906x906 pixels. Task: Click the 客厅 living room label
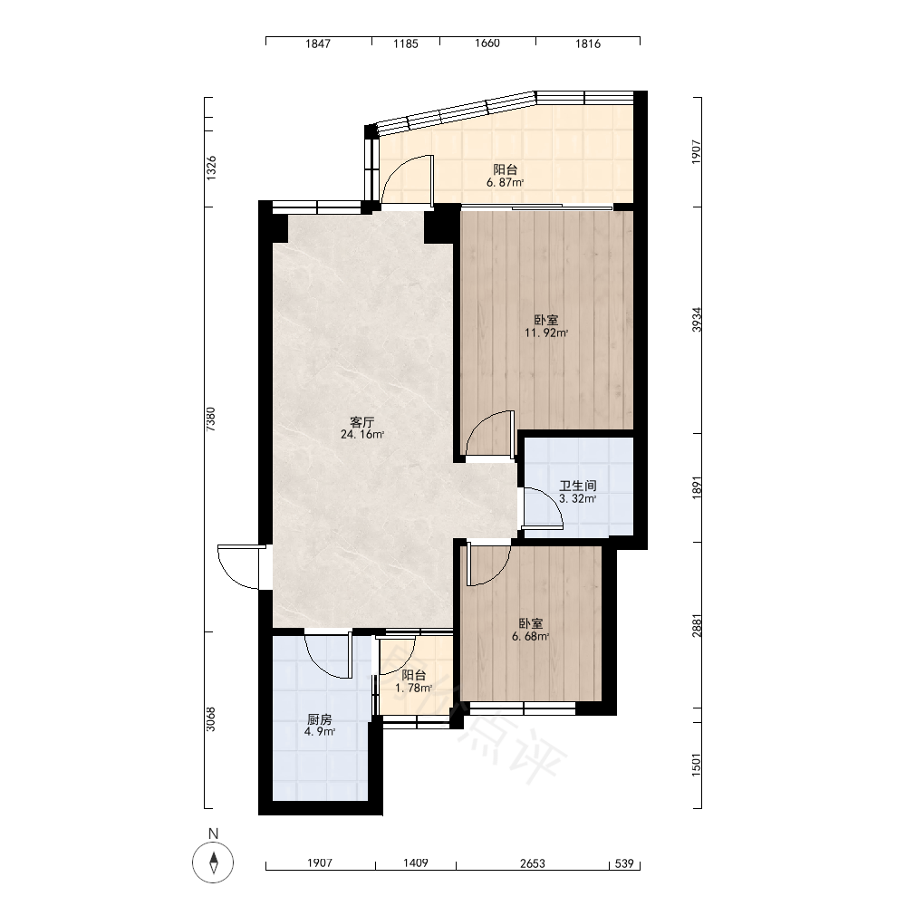click(362, 422)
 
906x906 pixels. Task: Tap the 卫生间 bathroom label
click(578, 486)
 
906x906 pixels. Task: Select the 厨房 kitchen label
click(320, 719)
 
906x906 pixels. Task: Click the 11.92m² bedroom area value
click(546, 333)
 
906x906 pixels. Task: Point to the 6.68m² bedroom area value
click(530, 637)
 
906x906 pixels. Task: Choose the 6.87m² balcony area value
click(505, 183)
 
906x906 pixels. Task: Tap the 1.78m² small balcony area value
click(414, 688)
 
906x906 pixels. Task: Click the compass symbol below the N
click(213, 863)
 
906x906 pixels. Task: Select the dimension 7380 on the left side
click(211, 419)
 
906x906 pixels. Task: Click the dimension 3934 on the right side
click(697, 320)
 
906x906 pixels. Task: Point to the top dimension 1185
click(406, 43)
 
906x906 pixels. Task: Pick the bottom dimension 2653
click(532, 863)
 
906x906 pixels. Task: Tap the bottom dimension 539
click(624, 863)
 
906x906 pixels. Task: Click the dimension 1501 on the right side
click(697, 764)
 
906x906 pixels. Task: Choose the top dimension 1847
click(318, 43)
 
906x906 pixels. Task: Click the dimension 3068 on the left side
click(211, 719)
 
